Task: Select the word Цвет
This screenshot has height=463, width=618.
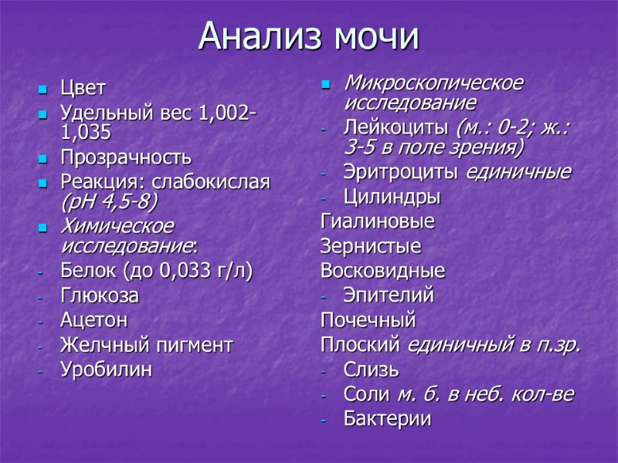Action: coord(83,88)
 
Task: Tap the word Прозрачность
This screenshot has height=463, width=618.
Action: coord(125,158)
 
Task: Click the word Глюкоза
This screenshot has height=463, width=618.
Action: coord(100,296)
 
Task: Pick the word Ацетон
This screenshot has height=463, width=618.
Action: coord(93,319)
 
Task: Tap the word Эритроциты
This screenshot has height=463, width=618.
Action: coord(402,172)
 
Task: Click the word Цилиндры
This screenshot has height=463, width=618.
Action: coord(392,198)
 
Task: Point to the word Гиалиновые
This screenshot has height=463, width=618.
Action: coord(378,222)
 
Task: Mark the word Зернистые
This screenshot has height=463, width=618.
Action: coord(371,247)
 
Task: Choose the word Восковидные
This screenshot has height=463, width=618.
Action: coord(382,271)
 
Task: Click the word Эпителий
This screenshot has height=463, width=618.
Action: coord(389,295)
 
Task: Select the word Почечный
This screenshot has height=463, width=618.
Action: coord(368,319)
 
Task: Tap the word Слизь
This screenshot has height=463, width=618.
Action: coord(372,370)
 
